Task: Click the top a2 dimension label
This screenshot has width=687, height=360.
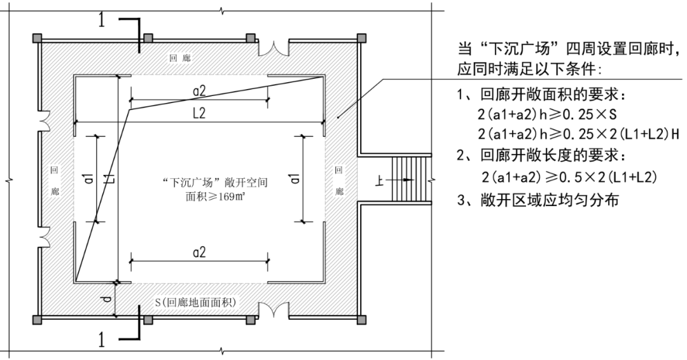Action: pos(199,92)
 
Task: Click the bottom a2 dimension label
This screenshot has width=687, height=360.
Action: pos(199,253)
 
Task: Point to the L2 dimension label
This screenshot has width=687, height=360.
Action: pos(199,113)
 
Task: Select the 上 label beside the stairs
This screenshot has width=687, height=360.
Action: pos(378,181)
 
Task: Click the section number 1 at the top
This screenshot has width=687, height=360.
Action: pos(102,20)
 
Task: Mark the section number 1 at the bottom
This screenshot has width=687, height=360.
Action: pos(102,339)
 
